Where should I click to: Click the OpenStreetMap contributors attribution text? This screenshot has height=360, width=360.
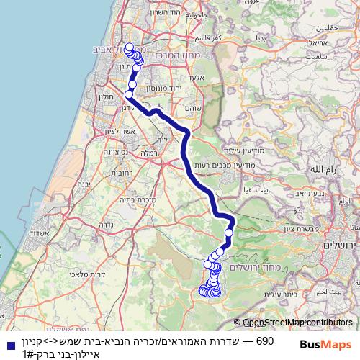tap(298, 323)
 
